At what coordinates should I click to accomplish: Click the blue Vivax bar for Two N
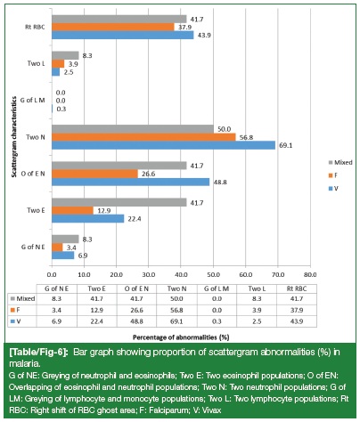(164, 145)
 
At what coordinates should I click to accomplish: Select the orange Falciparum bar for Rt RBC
(113, 27)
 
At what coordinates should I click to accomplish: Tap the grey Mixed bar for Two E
(119, 202)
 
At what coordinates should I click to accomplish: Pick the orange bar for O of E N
(94, 174)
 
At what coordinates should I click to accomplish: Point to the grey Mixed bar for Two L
(65, 55)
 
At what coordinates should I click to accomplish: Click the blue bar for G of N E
(63, 256)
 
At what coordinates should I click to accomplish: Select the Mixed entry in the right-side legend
(340, 162)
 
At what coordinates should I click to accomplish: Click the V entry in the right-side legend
(333, 189)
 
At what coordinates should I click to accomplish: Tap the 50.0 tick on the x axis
(213, 274)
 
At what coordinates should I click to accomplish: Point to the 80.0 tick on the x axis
(310, 274)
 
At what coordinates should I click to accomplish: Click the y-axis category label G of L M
(32, 101)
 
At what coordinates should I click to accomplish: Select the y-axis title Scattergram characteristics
(13, 141)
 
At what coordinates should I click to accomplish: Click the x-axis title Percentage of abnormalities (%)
(181, 337)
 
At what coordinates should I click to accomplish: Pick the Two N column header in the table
(176, 288)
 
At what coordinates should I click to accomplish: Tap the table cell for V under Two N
(176, 321)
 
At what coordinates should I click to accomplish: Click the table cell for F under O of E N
(136, 310)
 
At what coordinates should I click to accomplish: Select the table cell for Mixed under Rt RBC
(297, 299)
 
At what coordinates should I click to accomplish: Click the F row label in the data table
(15, 310)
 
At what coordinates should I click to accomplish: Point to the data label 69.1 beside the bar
(285, 145)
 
